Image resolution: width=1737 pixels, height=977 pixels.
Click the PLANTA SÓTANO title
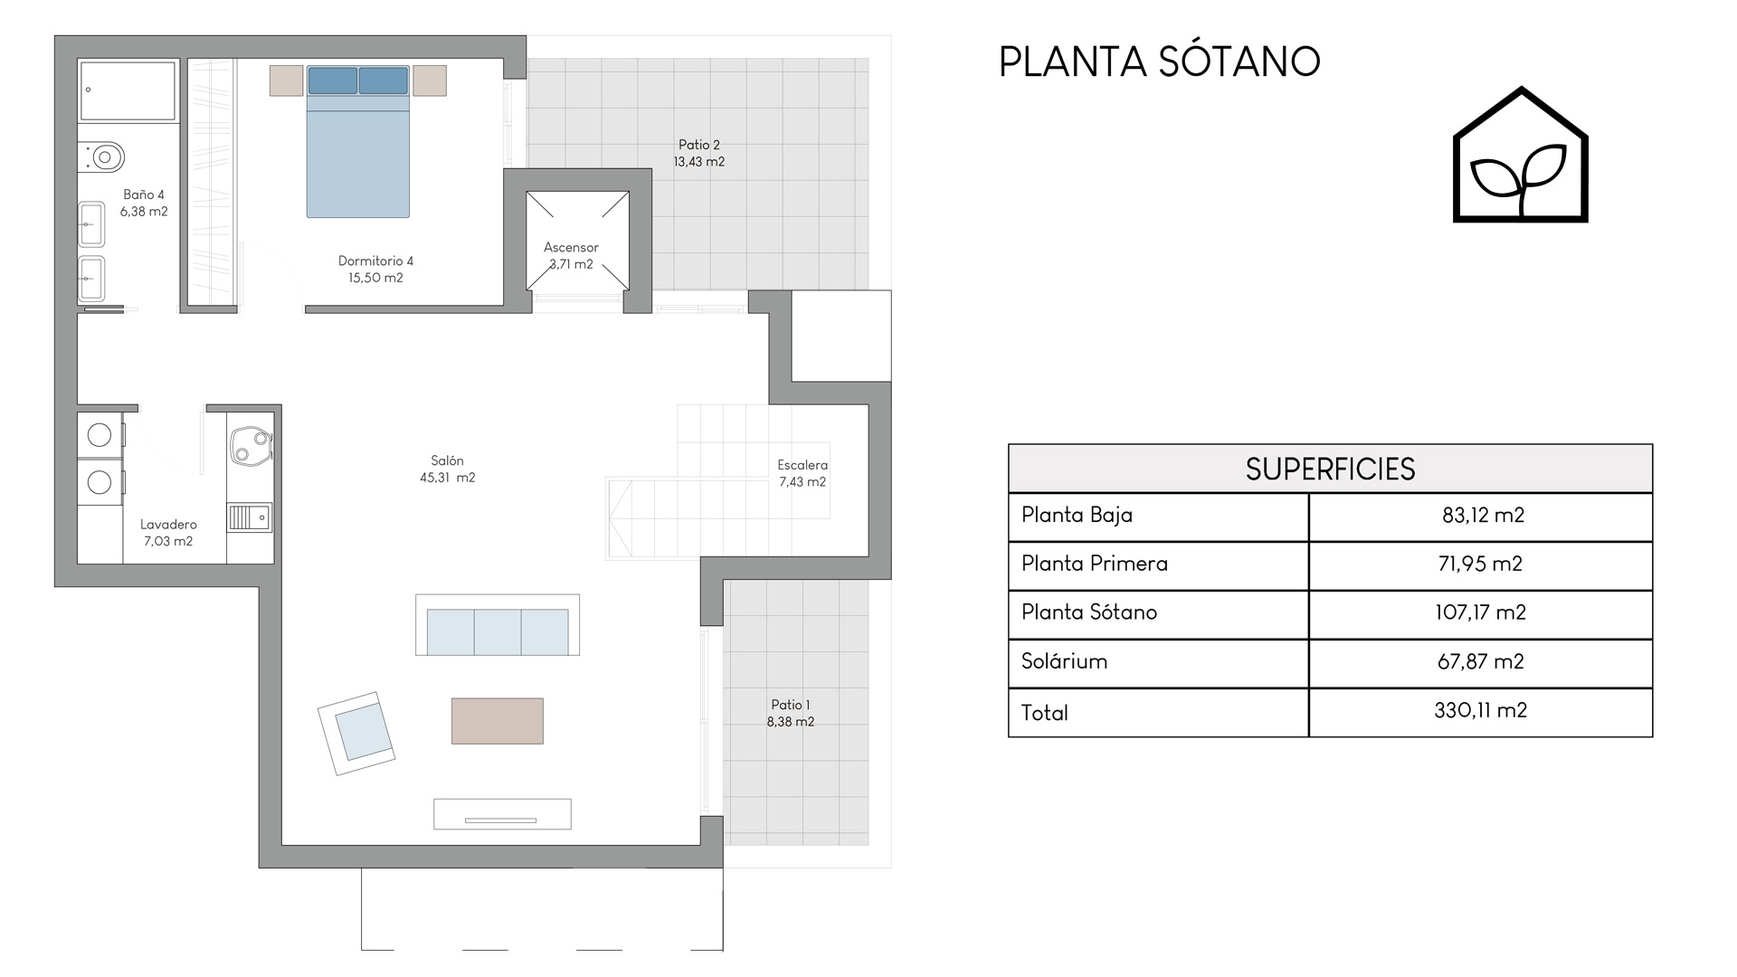click(1159, 62)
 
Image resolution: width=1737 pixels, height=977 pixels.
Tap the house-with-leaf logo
click(1521, 155)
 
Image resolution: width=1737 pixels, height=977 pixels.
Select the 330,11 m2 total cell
click(1480, 711)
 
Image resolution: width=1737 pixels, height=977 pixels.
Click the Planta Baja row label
click(1077, 516)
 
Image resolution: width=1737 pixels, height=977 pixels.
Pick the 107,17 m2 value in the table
click(1480, 613)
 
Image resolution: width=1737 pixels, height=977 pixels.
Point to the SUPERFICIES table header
click(1330, 470)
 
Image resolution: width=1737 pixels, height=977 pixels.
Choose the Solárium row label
click(1064, 661)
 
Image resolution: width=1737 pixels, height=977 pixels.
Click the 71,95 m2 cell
click(1480, 564)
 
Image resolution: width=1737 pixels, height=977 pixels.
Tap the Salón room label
click(448, 470)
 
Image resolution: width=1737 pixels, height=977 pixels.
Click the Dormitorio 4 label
click(375, 270)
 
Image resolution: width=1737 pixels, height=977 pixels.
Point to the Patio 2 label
click(699, 153)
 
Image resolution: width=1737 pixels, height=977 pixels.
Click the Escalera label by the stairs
click(802, 473)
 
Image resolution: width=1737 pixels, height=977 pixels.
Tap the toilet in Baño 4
click(101, 157)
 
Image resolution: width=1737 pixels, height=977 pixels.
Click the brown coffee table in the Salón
click(498, 721)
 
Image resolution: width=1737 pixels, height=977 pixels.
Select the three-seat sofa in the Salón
click(498, 625)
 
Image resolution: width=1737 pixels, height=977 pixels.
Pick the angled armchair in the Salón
click(356, 734)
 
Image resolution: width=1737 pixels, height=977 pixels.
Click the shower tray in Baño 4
click(128, 90)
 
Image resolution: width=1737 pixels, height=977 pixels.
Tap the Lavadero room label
click(168, 533)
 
